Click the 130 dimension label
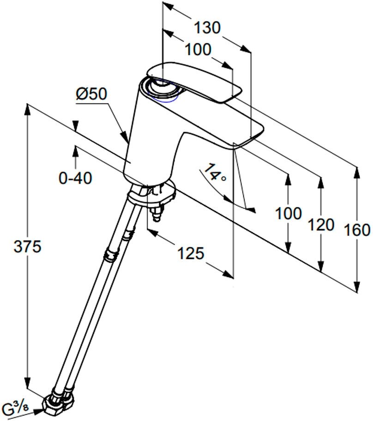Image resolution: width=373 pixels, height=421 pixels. point(206,28)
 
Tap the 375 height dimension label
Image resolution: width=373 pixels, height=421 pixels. point(27,247)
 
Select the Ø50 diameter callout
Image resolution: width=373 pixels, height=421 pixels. point(91,94)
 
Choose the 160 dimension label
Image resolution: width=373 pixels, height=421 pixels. point(357,229)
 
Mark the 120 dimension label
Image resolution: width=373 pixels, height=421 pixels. point(321,225)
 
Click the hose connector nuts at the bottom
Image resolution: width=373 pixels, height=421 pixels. point(58,402)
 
